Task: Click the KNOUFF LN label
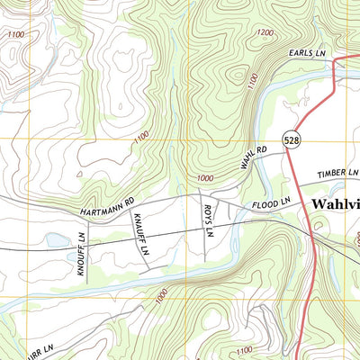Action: click(81, 253)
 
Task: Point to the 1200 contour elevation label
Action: click(264, 33)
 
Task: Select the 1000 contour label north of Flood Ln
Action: click(206, 155)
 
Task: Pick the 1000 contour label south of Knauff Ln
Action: click(160, 294)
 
